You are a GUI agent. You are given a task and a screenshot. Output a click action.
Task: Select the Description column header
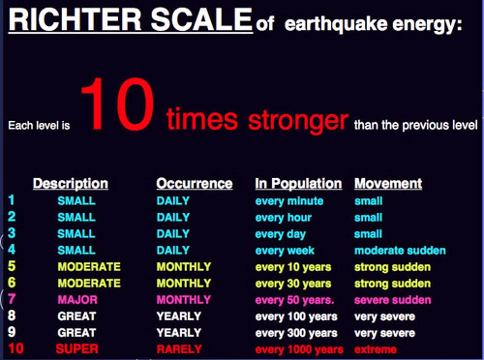coord(71,184)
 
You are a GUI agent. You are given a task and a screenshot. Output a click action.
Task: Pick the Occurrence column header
coord(194,184)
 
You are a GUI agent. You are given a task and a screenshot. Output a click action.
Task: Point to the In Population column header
coord(298,184)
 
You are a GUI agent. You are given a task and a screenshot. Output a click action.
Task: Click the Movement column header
coord(388,184)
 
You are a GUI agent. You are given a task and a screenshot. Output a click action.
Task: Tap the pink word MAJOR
coord(77,299)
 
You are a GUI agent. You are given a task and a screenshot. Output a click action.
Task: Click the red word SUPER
coord(77,349)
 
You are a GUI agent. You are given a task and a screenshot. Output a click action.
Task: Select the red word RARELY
coord(179,349)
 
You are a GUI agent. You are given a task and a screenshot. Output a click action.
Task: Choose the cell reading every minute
coord(289,201)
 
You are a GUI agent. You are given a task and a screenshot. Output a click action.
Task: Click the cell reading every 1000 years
coord(299,350)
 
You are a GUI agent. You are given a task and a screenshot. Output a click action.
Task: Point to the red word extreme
coord(375,350)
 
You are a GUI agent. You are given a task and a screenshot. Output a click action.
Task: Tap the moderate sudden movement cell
coord(400,250)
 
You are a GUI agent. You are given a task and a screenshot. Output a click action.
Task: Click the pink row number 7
coord(12,299)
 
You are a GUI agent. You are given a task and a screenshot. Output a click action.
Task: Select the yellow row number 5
coord(12,266)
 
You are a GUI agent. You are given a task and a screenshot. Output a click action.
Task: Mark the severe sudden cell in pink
coord(392,300)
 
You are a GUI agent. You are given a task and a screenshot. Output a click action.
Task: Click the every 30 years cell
coord(293,283)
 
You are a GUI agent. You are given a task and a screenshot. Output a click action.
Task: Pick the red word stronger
coord(298,120)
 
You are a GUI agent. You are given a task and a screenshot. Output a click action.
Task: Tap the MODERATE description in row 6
coord(89,283)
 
